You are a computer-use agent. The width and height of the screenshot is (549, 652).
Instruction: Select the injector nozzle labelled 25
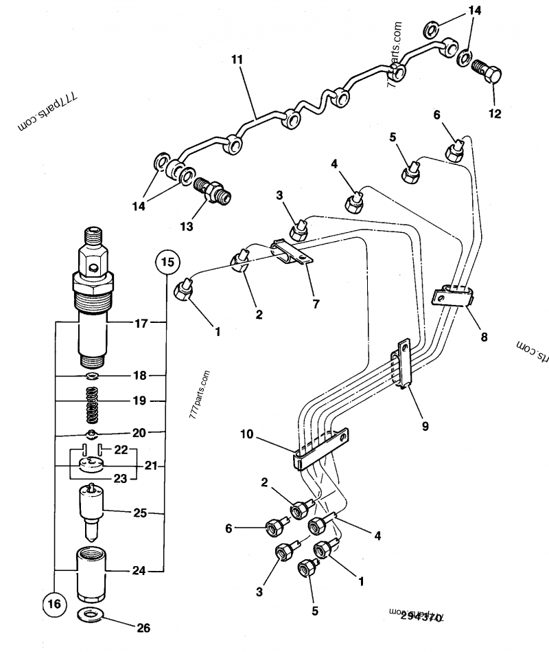92,509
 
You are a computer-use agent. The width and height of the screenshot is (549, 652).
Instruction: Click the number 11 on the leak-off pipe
237,60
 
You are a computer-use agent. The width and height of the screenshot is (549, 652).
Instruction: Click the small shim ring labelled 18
92,376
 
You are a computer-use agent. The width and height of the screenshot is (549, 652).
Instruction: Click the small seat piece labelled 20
92,433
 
